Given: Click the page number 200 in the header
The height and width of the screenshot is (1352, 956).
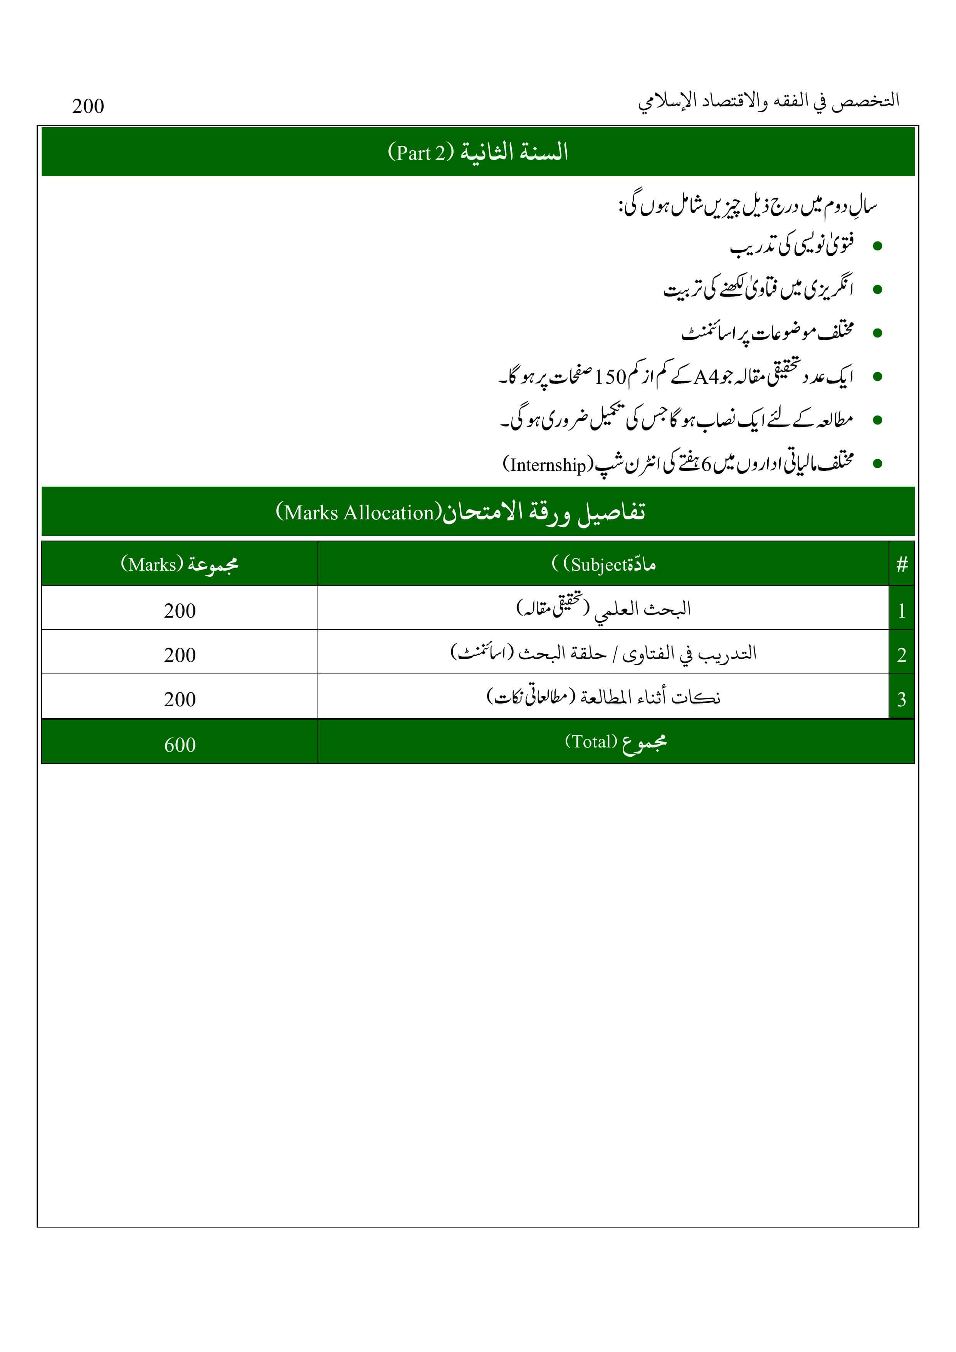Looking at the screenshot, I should (88, 106).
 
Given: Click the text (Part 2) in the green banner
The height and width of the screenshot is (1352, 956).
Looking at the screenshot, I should (420, 153).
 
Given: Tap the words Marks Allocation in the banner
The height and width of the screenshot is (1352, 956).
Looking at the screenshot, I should (359, 513).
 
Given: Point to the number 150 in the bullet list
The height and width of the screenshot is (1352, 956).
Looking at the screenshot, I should (610, 377).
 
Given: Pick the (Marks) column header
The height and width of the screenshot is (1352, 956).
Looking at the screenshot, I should (153, 564).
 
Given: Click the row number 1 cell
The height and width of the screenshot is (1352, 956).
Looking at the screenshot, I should (901, 611).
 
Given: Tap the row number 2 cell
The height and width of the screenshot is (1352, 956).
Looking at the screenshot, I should (901, 655).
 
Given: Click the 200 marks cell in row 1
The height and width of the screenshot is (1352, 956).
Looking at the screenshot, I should (180, 611).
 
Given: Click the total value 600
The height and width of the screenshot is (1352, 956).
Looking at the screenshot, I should (180, 745).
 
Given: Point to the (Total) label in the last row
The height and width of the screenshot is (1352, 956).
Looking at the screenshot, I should (591, 741).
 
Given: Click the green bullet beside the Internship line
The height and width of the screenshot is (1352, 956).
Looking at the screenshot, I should (877, 464).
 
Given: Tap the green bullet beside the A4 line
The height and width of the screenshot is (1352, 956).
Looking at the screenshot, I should (877, 377).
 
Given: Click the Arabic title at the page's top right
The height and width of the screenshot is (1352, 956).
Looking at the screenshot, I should (769, 101).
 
